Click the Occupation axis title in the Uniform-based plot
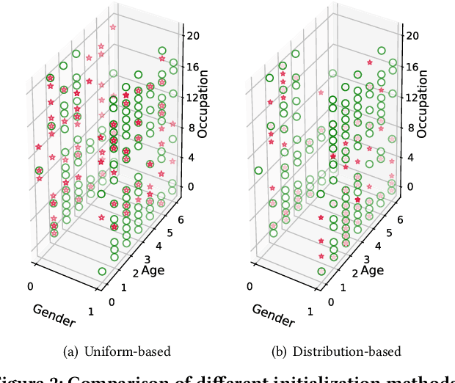(x=203, y=104)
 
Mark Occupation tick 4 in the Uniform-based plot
(x=189, y=156)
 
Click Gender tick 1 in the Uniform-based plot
(x=91, y=311)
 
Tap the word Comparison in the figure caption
(x=116, y=378)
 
